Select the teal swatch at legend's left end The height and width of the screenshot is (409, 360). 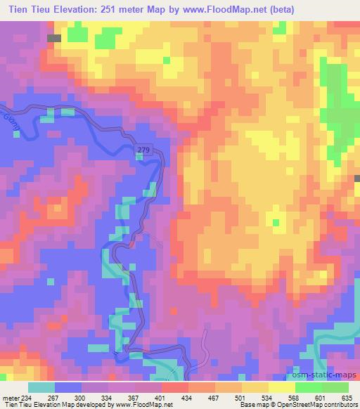[41, 387]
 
